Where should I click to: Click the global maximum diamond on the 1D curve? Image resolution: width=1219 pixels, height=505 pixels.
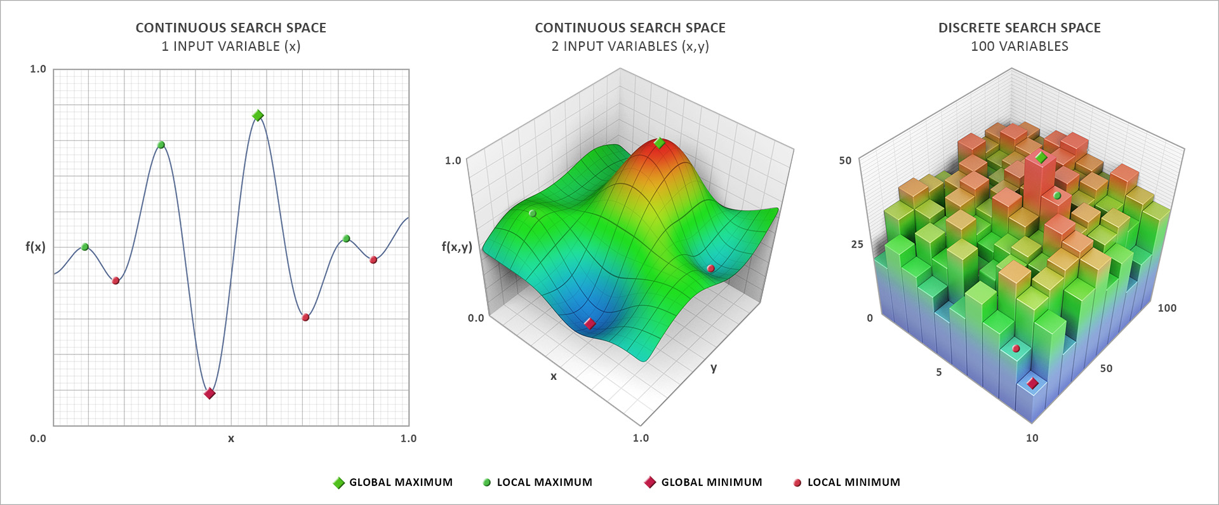point(258,116)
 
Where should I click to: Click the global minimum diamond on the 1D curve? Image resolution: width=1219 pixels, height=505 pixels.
point(210,394)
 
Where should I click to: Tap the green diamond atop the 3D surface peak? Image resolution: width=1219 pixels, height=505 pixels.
point(660,143)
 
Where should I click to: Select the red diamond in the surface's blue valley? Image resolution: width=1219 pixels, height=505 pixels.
point(590,324)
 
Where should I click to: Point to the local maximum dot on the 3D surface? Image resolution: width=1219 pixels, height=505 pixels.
point(532,213)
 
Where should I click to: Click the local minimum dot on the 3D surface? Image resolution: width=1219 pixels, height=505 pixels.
point(711,269)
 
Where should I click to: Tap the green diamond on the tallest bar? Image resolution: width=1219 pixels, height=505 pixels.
point(1041,157)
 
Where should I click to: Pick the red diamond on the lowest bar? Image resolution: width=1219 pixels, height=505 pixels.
point(1032,383)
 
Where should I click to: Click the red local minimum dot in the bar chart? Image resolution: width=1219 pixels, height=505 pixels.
point(1016,349)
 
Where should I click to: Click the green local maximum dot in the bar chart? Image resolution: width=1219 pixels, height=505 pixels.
point(1057,196)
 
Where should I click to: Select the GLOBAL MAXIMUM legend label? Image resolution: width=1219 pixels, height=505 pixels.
point(401,483)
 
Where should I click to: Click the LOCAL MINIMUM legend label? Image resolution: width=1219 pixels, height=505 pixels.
point(853,483)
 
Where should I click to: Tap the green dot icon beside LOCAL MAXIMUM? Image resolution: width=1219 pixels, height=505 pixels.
point(487,483)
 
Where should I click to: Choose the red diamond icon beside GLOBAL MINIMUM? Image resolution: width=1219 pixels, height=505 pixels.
point(649,483)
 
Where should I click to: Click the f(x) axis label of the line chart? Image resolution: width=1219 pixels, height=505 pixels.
point(36,247)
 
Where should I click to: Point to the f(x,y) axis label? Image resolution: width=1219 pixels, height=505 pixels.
point(457,247)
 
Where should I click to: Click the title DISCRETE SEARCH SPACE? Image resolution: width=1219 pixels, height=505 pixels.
point(1019,28)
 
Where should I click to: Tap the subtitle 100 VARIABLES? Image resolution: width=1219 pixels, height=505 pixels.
point(1019,46)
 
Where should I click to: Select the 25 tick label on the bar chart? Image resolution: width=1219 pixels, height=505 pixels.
point(857,245)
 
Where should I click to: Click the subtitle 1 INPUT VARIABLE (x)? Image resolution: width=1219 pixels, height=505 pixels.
point(230,46)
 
